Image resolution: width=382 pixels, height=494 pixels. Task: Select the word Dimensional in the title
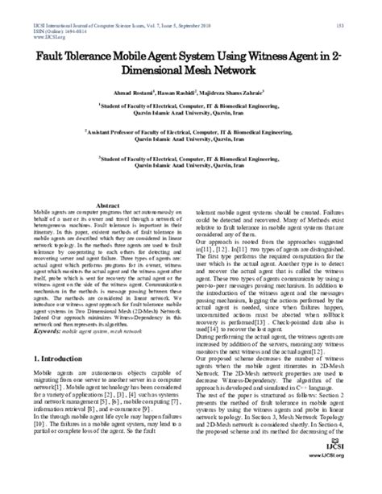(153, 74)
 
